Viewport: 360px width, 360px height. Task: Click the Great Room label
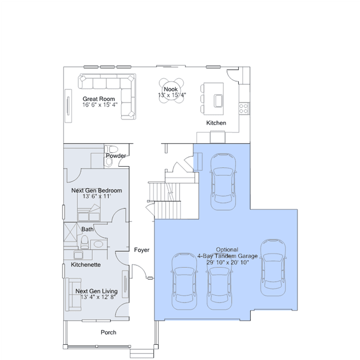99,99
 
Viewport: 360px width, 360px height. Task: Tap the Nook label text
171,89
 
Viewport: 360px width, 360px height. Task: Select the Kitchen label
216,123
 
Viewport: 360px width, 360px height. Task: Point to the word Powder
116,155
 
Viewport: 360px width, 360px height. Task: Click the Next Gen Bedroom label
96,190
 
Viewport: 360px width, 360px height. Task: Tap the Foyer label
141,250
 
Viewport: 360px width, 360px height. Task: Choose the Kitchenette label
86,264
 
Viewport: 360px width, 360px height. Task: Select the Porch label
108,332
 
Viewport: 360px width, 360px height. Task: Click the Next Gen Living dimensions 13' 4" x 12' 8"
98,297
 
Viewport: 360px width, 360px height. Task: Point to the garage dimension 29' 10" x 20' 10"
228,262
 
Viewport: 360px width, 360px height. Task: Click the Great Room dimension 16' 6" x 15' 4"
100,105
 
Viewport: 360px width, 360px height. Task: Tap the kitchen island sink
219,100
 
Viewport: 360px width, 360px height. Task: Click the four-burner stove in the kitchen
243,108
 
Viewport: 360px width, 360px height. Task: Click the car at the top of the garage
223,181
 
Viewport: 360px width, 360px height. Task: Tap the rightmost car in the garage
273,268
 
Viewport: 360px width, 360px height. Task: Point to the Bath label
87,229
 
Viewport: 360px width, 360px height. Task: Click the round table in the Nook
171,91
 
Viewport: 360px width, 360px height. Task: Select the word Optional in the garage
227,250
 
